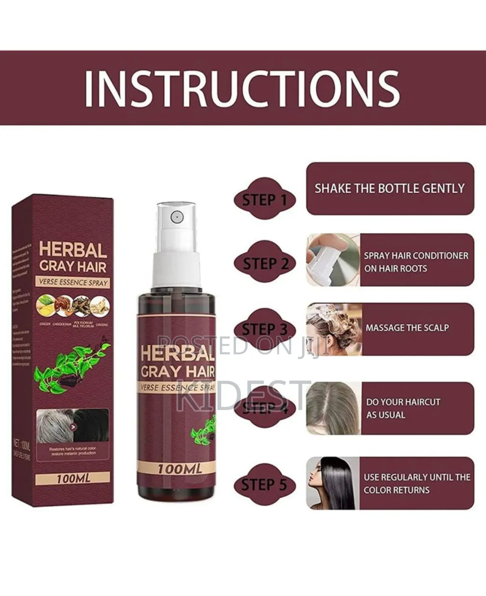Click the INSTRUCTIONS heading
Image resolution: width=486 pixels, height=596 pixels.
pos(242,89)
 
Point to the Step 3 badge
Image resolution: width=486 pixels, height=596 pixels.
pos(264,330)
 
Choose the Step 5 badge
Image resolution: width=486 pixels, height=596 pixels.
pos(264,485)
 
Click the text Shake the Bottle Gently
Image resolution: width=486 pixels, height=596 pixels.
pos(390,188)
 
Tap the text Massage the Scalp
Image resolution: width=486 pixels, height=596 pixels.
pos(407,328)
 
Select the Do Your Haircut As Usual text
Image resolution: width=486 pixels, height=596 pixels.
pos(403,408)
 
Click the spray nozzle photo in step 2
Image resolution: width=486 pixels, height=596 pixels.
pos(333,260)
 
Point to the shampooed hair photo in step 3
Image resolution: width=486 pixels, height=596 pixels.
pos(334,329)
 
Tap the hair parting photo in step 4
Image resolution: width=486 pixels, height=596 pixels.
pos(333,408)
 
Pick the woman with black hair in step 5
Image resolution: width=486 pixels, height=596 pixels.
pos(332,483)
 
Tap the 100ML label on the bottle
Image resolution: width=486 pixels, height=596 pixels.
pos(180,469)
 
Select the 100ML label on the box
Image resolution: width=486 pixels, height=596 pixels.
pos(73,478)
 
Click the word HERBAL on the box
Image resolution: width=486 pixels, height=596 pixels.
pos(73,250)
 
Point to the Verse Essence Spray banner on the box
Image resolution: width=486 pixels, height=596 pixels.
pos(73,282)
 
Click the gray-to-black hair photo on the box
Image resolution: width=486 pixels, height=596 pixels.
pos(73,425)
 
